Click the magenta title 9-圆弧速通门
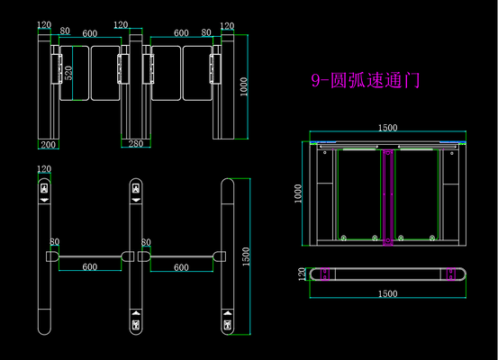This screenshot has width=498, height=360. [x=366, y=80]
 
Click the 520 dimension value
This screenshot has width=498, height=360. [x=68, y=73]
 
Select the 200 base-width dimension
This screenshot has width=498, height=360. [x=48, y=145]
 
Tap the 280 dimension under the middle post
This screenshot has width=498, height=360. [x=136, y=144]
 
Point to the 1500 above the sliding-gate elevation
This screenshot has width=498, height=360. [x=387, y=128]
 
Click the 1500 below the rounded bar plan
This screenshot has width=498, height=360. [x=387, y=293]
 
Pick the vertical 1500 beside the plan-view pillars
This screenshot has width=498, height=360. [x=246, y=256]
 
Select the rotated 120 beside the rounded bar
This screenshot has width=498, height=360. [x=302, y=274]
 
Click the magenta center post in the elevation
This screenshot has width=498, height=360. [x=388, y=197]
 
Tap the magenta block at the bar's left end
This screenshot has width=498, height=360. [x=324, y=274]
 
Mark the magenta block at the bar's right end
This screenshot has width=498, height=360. [x=451, y=274]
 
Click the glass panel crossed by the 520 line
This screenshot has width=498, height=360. [x=75, y=73]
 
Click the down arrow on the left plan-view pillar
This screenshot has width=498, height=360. [x=44, y=200]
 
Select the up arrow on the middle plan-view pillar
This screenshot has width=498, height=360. [x=136, y=313]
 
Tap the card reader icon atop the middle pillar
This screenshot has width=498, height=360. [x=136, y=189]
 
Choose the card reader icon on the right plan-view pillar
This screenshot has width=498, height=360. [x=228, y=325]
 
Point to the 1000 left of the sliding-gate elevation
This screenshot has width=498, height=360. [x=297, y=193]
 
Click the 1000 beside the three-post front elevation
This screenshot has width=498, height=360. [x=243, y=86]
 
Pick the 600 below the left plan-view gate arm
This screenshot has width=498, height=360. [x=90, y=267]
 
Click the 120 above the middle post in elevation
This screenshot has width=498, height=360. [x=121, y=25]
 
